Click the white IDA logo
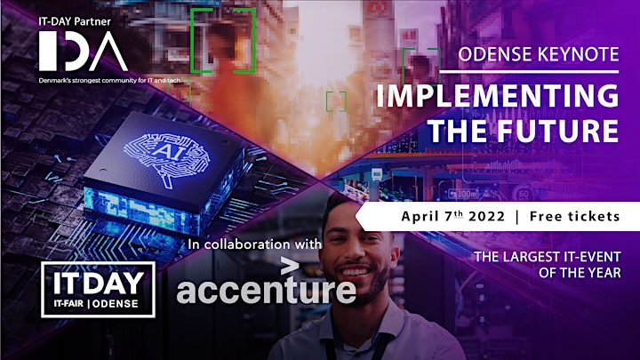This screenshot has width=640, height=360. [x=84, y=52]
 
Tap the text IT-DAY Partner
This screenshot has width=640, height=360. [x=75, y=21]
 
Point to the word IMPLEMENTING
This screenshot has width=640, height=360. [x=497, y=96]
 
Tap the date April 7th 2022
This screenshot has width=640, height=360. [x=453, y=216]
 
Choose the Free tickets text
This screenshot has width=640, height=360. [x=575, y=216]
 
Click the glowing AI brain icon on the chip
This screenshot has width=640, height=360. [x=167, y=157]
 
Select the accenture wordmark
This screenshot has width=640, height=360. [x=266, y=289]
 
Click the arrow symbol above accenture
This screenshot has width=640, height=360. [x=290, y=267]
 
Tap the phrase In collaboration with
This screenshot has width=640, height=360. [x=255, y=244]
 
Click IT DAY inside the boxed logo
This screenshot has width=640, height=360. [x=99, y=283]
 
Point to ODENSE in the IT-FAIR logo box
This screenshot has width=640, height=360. [x=116, y=304]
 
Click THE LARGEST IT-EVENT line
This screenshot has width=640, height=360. [x=548, y=257]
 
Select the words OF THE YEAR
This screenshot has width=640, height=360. [x=580, y=273]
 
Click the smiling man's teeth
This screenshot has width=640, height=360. [x=355, y=272]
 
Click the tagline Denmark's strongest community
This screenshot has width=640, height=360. [x=109, y=81]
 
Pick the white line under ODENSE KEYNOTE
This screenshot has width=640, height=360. [x=530, y=72]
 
